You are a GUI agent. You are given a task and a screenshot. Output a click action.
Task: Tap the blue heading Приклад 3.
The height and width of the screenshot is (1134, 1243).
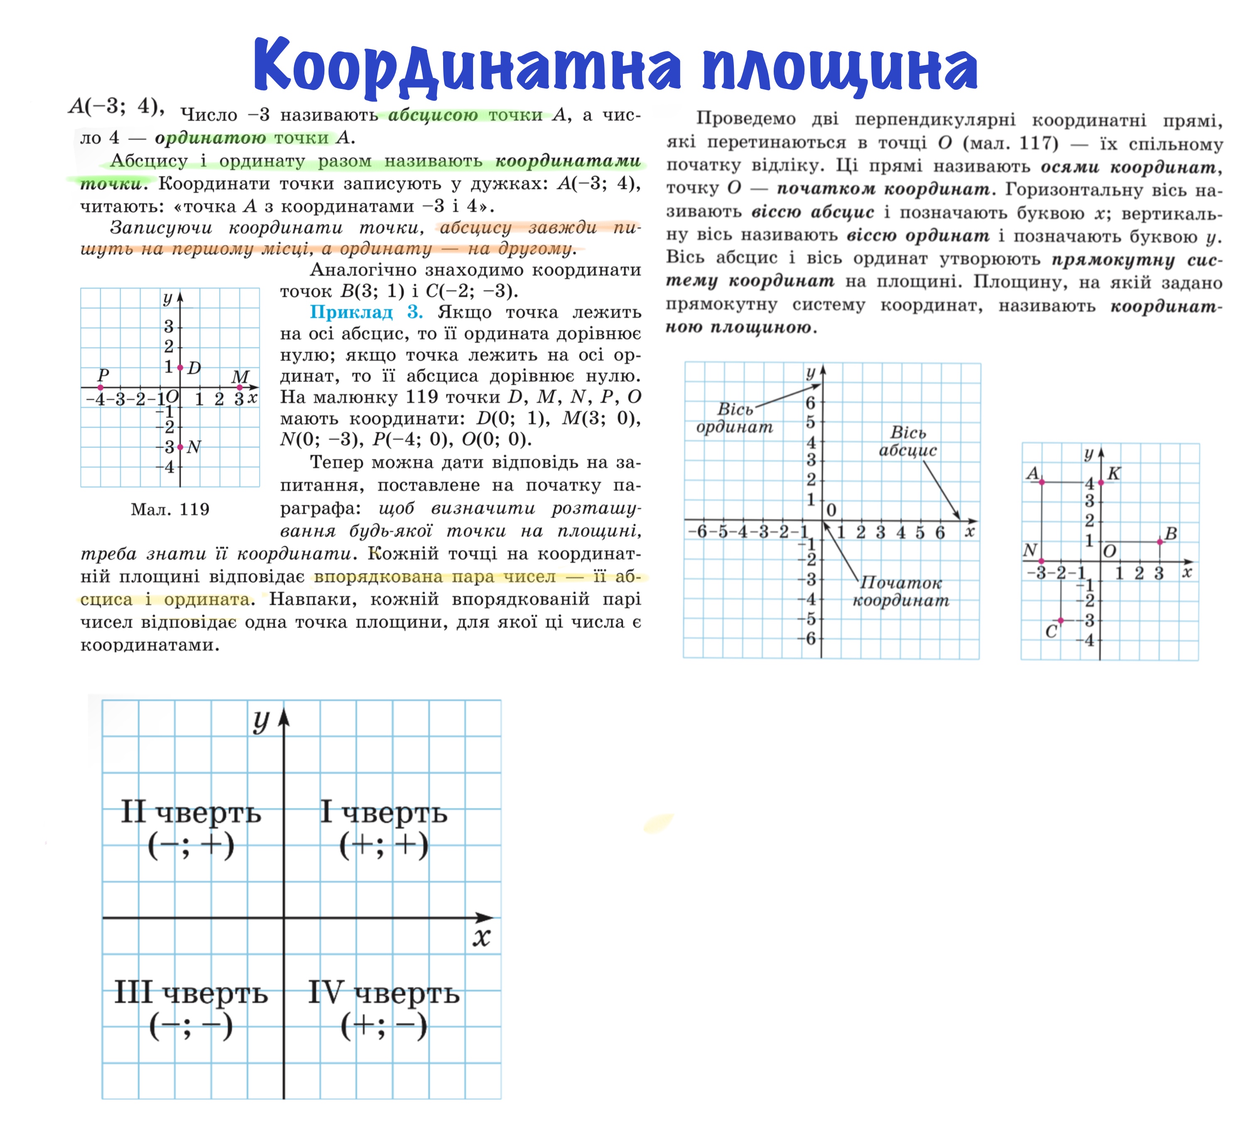(365, 312)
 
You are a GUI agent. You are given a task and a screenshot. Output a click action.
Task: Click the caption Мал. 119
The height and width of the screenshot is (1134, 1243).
(170, 509)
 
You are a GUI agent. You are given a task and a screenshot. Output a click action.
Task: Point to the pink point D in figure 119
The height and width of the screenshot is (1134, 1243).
(180, 368)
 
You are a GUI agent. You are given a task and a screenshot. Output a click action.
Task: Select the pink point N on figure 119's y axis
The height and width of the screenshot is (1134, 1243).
(180, 447)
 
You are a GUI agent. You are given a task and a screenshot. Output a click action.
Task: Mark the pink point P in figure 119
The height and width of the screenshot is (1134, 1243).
(101, 387)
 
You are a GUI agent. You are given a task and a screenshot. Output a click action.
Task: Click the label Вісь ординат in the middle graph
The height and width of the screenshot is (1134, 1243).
(734, 418)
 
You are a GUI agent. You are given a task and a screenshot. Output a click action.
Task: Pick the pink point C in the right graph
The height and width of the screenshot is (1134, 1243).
(1061, 620)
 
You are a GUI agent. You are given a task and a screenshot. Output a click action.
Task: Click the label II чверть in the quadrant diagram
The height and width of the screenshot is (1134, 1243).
(191, 813)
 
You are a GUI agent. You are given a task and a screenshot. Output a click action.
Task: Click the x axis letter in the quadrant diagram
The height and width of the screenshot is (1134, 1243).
(481, 938)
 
